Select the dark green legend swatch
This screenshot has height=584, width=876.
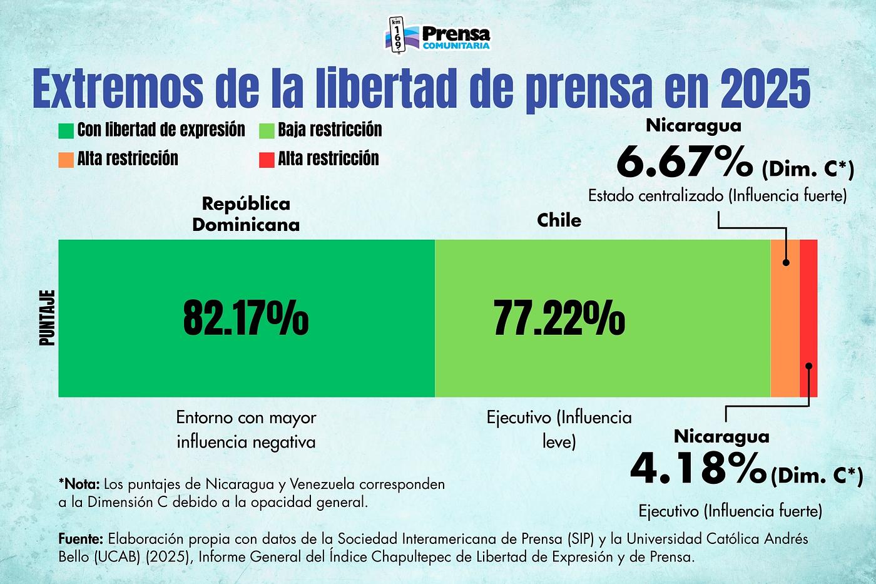pos(66,130)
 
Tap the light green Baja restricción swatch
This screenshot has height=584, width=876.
pos(267,130)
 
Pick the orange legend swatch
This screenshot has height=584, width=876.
pos(66,159)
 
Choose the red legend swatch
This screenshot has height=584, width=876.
pos(267,159)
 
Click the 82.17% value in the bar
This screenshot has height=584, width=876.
pos(246,318)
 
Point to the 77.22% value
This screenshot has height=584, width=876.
pos(559,318)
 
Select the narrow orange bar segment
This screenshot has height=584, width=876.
pos(785,318)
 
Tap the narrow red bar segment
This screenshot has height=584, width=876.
pos(808,318)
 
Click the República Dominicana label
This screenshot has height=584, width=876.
pos(246,214)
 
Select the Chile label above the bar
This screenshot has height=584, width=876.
pos(559,220)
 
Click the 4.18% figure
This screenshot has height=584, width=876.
pos(698,468)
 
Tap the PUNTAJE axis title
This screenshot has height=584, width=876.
pos(48,318)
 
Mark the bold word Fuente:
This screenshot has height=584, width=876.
pos(81,539)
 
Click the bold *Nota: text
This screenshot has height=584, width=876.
pos(79,484)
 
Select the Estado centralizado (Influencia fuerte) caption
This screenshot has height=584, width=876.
pos(717,196)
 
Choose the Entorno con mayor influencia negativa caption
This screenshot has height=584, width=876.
pos(246,429)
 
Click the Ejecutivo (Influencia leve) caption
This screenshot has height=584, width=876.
pos(559,429)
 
